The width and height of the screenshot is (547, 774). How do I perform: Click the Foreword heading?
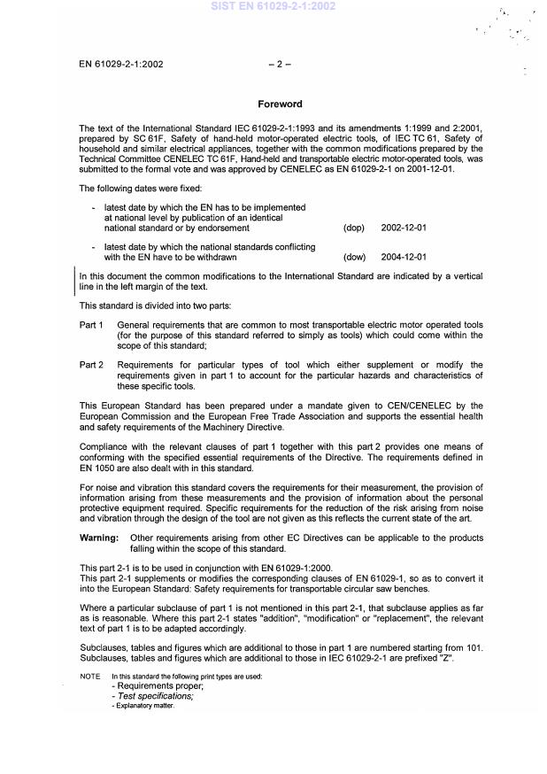pyautogui.click(x=280, y=104)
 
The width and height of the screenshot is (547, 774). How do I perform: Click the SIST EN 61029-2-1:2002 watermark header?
pyautogui.click(x=273, y=6)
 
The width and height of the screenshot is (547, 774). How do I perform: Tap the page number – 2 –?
pyautogui.click(x=279, y=64)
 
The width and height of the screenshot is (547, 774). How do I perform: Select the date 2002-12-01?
pyautogui.click(x=404, y=228)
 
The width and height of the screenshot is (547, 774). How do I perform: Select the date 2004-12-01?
pyautogui.click(x=404, y=257)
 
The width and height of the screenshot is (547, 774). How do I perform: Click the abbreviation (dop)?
pyautogui.click(x=353, y=228)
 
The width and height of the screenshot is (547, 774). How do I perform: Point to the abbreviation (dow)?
pyautogui.click(x=354, y=257)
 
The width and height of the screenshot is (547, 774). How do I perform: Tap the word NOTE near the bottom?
pyautogui.click(x=89, y=677)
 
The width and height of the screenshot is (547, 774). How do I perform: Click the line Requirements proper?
pyautogui.click(x=154, y=686)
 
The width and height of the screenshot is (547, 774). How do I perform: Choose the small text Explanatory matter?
pyautogui.click(x=143, y=706)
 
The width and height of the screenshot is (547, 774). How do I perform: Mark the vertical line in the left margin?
pyautogui.click(x=74, y=281)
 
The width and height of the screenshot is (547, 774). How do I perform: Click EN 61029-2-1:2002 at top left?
pyautogui.click(x=120, y=64)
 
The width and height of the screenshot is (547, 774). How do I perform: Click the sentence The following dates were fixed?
pyautogui.click(x=140, y=188)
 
